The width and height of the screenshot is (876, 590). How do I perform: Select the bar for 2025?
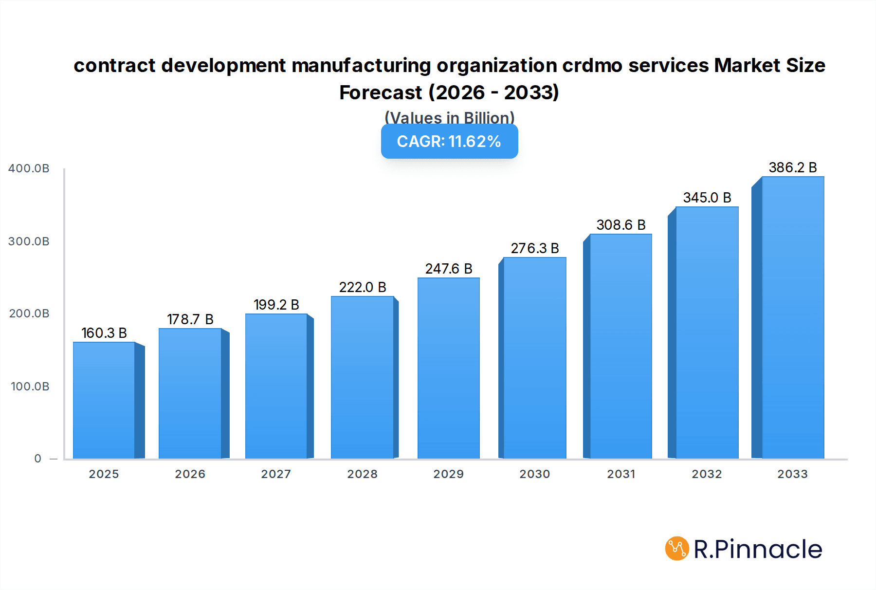click(x=104, y=400)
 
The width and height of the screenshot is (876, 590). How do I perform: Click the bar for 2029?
click(x=448, y=368)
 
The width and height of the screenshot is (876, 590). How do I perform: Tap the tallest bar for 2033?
click(x=793, y=317)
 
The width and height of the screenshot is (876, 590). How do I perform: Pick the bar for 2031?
click(x=620, y=346)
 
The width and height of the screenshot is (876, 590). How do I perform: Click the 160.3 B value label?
click(x=104, y=333)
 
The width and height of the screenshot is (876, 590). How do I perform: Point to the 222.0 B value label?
click(x=363, y=287)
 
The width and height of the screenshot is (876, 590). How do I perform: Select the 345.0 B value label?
click(x=707, y=198)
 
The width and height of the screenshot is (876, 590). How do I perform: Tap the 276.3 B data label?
click(x=535, y=248)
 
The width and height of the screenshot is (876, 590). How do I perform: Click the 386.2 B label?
click(x=793, y=167)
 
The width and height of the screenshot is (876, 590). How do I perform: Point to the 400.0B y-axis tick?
click(x=29, y=168)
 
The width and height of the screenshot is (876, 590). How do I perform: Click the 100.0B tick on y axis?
click(x=30, y=387)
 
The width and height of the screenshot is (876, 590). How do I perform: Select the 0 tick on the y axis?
click(x=38, y=459)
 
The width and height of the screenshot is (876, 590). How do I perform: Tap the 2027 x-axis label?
click(x=276, y=474)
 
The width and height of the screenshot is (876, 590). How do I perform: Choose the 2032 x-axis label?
click(x=707, y=474)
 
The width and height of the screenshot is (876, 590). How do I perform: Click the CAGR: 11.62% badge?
click(x=449, y=142)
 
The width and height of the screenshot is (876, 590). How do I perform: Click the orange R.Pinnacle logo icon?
click(x=677, y=549)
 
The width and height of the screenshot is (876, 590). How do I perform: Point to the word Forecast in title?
click(x=381, y=92)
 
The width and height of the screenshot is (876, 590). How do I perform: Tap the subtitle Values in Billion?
click(x=449, y=117)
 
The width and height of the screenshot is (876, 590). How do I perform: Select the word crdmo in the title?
click(x=592, y=65)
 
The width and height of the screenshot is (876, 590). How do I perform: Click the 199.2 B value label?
click(x=276, y=305)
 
